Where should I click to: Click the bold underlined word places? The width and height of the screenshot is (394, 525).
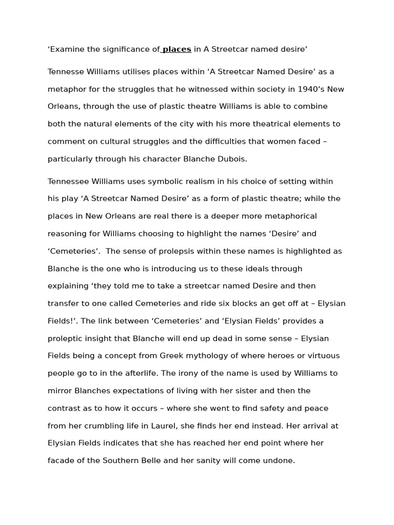177,49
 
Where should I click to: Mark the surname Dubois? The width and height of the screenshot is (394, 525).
231,159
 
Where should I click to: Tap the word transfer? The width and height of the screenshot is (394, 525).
62,304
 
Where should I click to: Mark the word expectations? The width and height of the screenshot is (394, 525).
146,391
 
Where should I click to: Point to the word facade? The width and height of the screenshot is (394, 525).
61,460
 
